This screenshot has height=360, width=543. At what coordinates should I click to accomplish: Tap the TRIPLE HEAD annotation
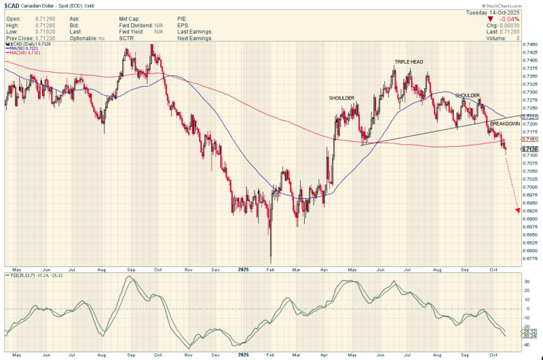[409, 62]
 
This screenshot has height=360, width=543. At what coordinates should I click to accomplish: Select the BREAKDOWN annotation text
[505, 124]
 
